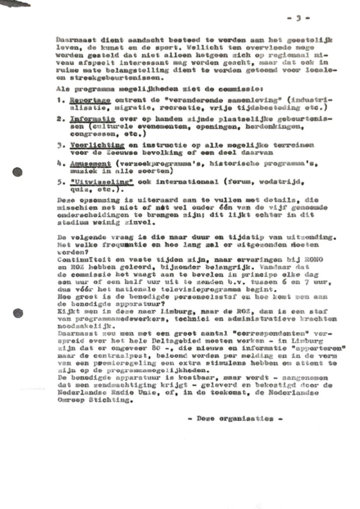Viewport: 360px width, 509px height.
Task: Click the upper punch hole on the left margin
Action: (x=18, y=172)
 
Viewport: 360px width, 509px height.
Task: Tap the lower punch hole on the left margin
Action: (x=18, y=312)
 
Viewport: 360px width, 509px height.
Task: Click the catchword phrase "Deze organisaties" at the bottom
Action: (x=236, y=418)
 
